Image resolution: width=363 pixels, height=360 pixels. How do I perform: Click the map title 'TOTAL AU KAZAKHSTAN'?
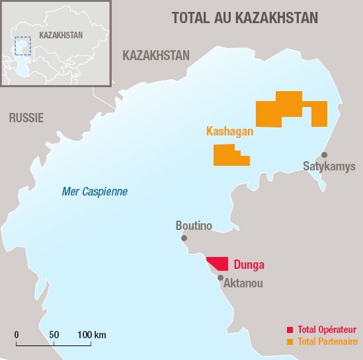pos(244,18)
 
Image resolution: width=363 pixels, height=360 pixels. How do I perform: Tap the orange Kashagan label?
pos(229,131)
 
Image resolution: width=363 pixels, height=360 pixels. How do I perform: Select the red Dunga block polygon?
pos(220,264)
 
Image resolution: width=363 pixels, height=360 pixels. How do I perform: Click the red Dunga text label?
pos(249,265)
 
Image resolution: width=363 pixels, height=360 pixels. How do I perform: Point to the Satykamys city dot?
pos(324,155)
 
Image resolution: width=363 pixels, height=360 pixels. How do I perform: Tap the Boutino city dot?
pos(184,238)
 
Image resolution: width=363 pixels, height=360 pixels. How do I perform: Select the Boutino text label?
pos(194,226)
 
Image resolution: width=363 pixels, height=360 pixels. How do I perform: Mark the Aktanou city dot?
pos(220,278)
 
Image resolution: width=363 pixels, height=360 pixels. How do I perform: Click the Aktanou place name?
pos(244,283)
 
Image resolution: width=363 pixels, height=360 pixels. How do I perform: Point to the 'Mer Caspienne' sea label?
pos(94,192)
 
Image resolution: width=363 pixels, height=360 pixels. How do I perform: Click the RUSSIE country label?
pos(26,118)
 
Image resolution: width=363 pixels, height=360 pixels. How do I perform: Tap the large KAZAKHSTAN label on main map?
pos(156,55)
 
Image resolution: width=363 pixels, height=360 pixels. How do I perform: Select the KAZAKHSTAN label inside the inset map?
pos(61,35)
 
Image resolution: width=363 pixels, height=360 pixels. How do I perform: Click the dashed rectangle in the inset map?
pos(23,46)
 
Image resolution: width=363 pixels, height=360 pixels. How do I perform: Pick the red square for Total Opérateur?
pos(289,330)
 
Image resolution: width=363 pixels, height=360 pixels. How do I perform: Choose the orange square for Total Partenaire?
pos(289,342)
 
